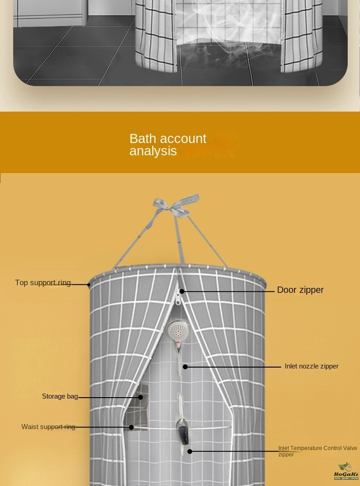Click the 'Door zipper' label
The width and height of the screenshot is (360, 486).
click(300, 290)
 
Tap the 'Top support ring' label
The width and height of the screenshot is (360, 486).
click(43, 283)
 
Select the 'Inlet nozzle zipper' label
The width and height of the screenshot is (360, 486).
click(311, 366)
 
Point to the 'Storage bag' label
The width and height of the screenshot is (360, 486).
click(60, 396)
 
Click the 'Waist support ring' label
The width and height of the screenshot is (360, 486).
click(48, 427)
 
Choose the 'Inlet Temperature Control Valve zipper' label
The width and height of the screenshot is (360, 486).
click(317, 451)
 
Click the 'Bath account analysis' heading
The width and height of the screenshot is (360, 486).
click(168, 145)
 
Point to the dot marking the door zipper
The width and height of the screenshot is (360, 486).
click(182, 291)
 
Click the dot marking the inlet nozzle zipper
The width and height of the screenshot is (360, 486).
click(185, 367)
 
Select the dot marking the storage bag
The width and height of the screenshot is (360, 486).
click(140, 397)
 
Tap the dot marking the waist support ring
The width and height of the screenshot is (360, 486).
click(131, 427)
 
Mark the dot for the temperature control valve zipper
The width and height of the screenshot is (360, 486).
click(190, 451)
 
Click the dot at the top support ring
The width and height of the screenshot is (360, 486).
click(89, 285)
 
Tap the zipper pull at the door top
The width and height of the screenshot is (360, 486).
click(178, 299)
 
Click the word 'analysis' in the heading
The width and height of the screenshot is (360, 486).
click(153, 151)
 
